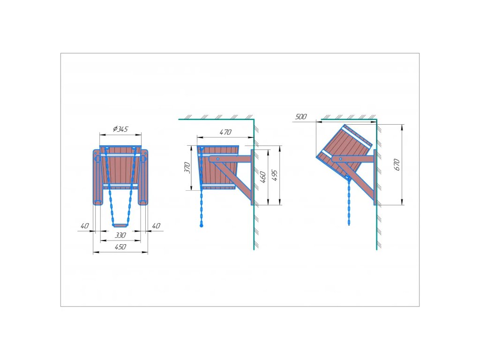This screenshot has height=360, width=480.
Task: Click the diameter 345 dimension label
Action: (120, 129)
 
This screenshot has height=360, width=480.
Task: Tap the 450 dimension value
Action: (120, 247)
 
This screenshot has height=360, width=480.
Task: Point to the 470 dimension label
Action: (226, 133)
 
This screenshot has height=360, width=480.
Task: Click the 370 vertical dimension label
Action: (187, 168)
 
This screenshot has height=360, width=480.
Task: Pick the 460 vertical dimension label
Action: (263, 177)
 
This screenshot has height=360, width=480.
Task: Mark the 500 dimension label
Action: (301, 117)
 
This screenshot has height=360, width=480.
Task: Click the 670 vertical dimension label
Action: (397, 164)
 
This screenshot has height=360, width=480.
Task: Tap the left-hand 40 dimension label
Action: (84, 226)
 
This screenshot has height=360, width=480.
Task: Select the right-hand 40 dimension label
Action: (156, 226)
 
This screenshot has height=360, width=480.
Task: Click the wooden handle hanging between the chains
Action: (120, 225)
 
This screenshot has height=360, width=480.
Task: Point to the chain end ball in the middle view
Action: (202, 226)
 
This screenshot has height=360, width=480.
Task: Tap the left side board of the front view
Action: (97, 177)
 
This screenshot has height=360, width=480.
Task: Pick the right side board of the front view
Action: (143, 177)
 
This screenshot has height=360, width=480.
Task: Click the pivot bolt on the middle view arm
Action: (217, 159)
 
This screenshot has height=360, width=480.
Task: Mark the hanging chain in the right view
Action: (349, 202)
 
